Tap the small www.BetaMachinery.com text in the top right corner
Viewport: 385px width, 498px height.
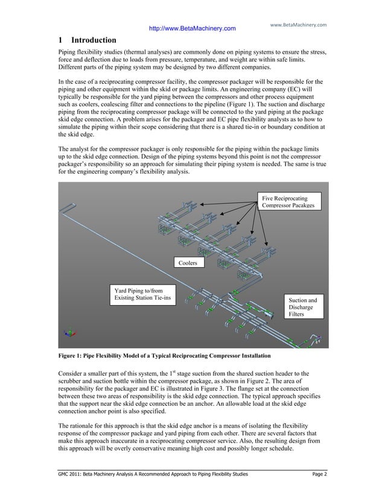pos(297,25)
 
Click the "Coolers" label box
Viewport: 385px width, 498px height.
pos(187,263)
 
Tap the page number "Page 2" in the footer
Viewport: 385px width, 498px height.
pos(316,476)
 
